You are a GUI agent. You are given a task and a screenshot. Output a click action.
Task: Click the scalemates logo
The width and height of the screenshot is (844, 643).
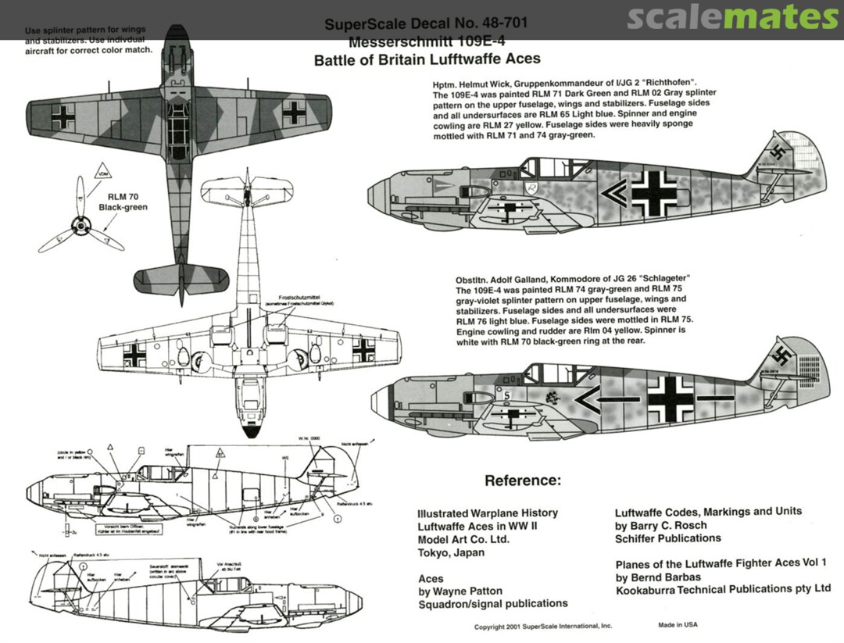(731, 17)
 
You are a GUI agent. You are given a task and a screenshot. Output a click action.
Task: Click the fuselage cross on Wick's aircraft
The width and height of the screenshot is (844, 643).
(653, 193)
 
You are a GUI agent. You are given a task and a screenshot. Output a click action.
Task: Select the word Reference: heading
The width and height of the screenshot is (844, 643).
(523, 480)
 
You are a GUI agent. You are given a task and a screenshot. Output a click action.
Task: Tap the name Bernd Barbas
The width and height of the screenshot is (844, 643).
(667, 577)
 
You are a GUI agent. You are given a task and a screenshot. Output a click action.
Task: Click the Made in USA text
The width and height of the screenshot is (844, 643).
(678, 625)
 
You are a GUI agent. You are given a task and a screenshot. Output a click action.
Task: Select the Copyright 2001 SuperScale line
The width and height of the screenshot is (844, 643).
(543, 627)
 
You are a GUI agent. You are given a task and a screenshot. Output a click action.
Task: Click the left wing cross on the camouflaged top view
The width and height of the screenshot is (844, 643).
(63, 117)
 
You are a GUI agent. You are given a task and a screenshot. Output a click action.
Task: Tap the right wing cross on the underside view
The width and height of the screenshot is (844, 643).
(363, 349)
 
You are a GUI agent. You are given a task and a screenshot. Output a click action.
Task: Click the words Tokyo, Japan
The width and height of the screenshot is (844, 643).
(451, 552)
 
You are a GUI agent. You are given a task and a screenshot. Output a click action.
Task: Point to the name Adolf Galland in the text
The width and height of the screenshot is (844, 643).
(530, 280)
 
